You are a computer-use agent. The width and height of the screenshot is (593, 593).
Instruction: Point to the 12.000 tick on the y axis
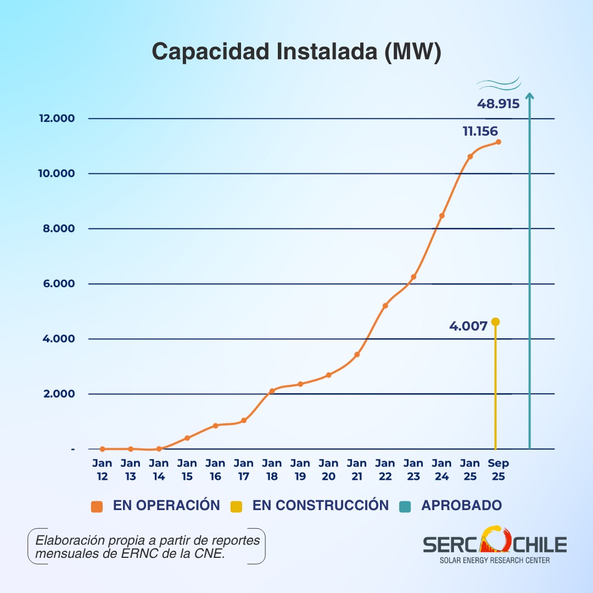57,119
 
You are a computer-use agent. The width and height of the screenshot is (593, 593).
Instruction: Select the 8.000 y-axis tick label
58,228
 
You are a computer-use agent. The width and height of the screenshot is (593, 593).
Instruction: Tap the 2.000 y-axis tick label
58,394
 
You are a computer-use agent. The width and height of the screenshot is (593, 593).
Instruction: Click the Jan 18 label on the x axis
272,470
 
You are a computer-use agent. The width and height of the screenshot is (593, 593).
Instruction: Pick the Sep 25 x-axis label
498,470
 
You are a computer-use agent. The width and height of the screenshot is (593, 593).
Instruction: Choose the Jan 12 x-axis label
102,470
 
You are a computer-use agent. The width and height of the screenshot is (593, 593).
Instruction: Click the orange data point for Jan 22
385,305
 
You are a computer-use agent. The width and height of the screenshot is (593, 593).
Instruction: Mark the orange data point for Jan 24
441,216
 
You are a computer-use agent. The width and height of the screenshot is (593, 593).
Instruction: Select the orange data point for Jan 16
215,426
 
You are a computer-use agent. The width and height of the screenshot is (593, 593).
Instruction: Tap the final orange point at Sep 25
498,142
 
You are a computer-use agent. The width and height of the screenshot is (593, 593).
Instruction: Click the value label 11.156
480,131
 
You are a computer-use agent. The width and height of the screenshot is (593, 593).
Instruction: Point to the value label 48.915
497,103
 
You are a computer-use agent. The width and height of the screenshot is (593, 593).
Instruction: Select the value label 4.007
468,326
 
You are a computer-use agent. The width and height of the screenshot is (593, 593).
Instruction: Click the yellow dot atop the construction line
495,322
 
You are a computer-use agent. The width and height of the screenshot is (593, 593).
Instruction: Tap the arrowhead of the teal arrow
529,97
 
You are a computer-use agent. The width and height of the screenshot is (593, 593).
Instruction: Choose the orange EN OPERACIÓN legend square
97,506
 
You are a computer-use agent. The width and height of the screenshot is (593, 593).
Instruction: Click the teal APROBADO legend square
405,506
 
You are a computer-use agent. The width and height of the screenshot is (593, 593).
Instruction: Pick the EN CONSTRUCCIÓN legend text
320,506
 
